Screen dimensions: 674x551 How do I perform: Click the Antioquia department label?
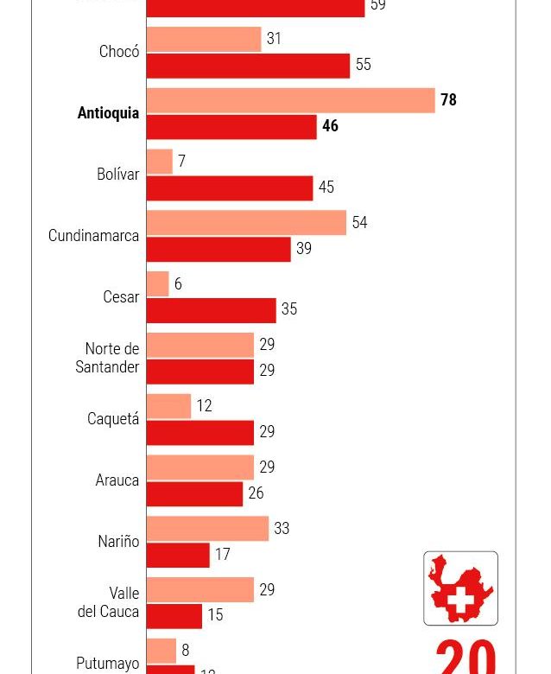[108, 113]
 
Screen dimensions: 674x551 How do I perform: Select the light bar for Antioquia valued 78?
[290, 100]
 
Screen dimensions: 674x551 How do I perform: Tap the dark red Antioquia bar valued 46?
[231, 126]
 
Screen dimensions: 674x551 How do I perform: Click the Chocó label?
[119, 52]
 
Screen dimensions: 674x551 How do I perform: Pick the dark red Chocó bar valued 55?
[248, 66]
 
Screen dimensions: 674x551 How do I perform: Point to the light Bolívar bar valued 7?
[160, 162]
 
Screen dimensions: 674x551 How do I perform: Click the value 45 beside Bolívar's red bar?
[326, 188]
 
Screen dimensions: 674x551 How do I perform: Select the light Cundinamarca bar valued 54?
[246, 223]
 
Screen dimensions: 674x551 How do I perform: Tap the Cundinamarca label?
[93, 236]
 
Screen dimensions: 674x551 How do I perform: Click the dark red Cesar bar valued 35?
[211, 310]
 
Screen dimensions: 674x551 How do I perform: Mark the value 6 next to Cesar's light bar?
[178, 284]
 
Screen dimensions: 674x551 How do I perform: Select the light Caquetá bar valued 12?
[168, 406]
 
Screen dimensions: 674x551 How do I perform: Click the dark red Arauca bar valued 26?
[194, 494]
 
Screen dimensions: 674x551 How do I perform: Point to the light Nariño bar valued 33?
[207, 529]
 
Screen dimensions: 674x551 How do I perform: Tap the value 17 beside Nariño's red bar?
[222, 555]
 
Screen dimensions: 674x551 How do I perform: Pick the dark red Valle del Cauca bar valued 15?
[174, 616]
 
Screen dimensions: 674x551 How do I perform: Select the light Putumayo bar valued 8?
[161, 651]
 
